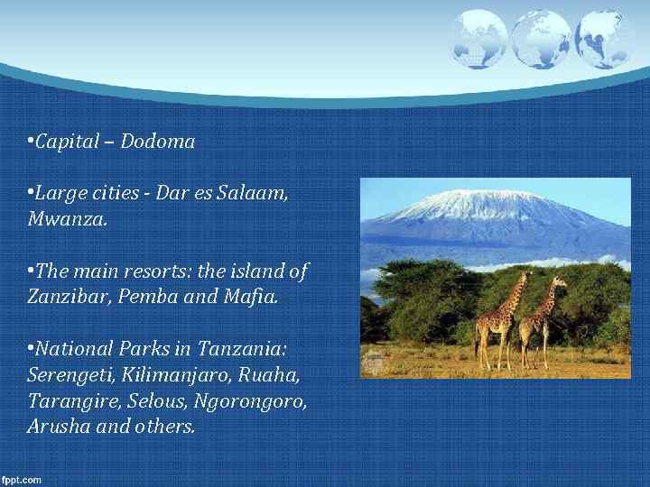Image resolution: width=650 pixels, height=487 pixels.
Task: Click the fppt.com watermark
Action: point(22,480)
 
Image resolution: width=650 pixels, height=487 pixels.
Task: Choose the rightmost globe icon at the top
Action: point(603,39)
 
